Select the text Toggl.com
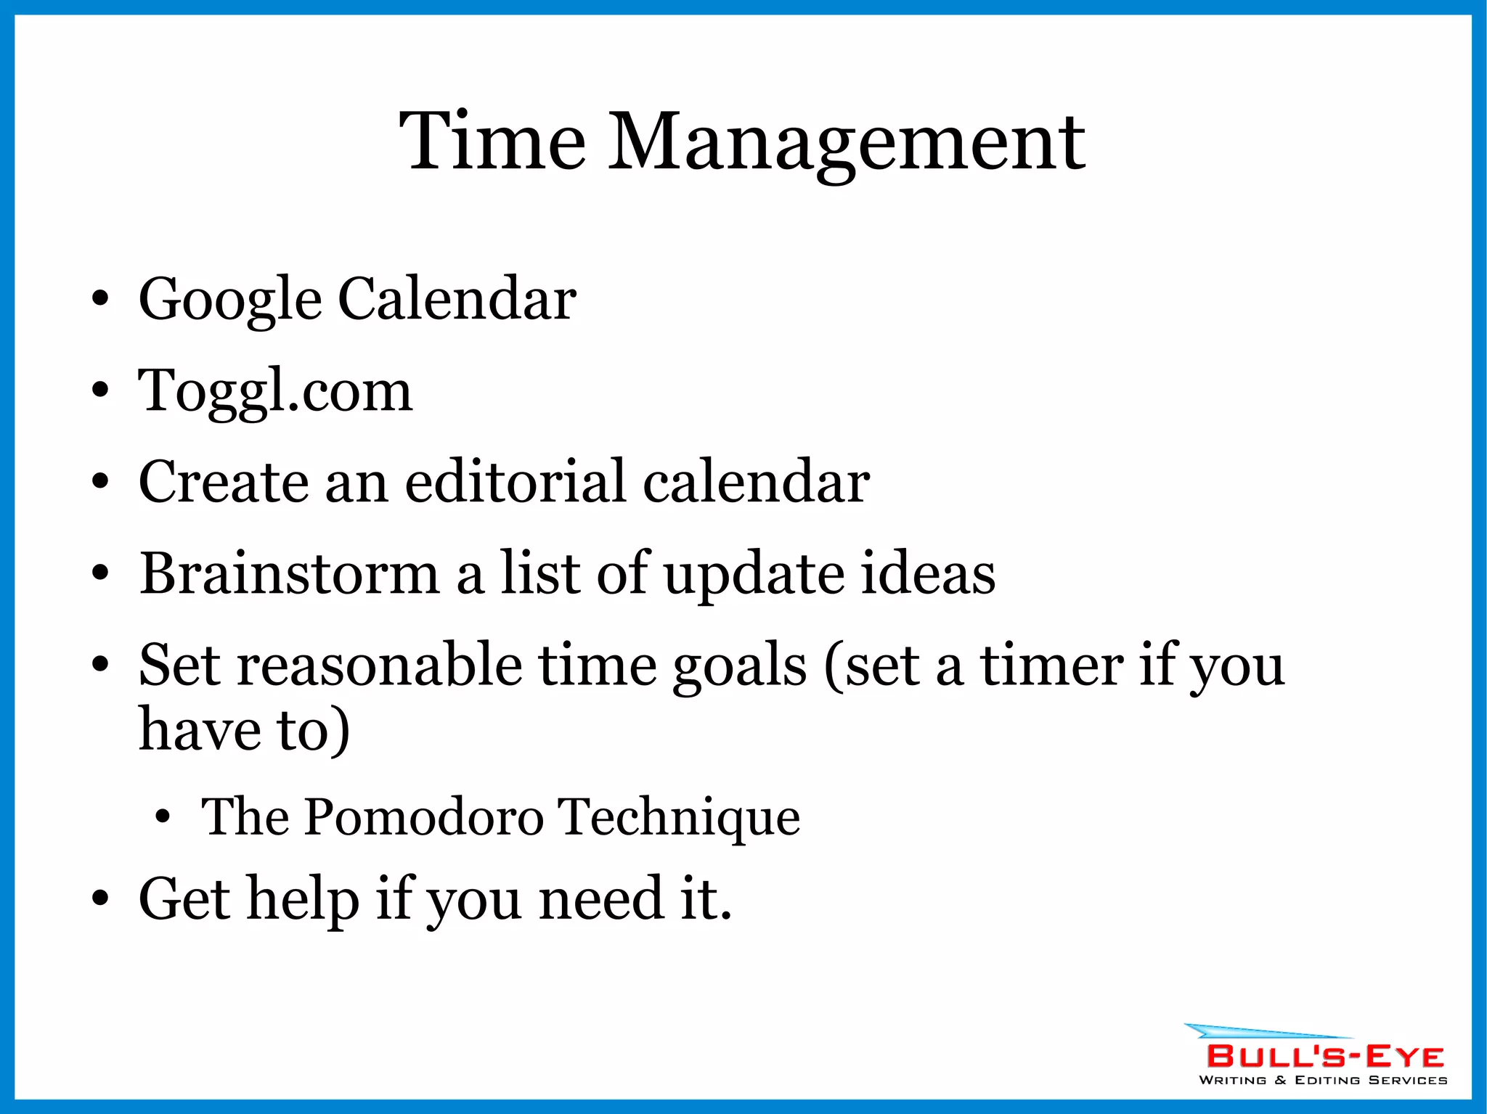275,392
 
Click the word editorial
516,482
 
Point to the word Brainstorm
289,573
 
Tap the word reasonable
380,665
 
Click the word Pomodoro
423,817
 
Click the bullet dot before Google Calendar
100,299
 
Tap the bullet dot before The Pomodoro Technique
163,818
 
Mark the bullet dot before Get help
100,900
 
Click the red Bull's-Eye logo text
1324,1056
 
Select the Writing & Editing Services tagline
1323,1081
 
